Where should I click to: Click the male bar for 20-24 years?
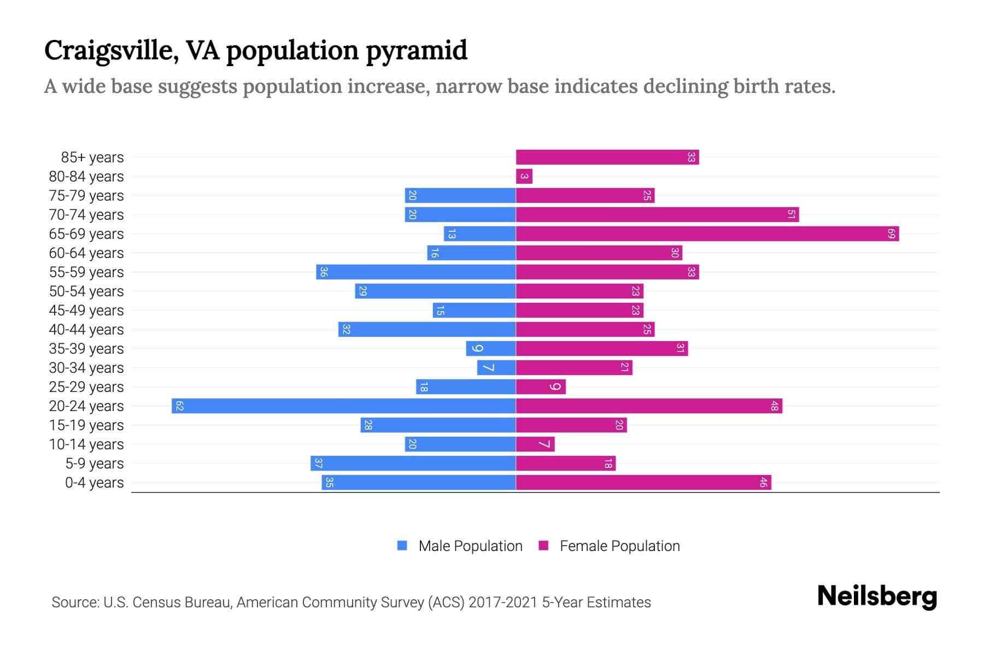(x=344, y=406)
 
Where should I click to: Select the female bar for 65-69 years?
(x=707, y=234)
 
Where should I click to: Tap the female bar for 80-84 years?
(x=524, y=176)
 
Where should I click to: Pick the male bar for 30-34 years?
(x=496, y=367)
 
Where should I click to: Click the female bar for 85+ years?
(x=607, y=157)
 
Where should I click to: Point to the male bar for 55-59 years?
(x=416, y=272)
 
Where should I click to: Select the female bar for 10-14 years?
(x=535, y=444)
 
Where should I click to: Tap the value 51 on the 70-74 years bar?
(x=791, y=214)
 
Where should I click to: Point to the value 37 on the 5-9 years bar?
(x=318, y=464)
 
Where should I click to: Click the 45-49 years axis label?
(x=86, y=311)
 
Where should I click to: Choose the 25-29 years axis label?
(x=86, y=387)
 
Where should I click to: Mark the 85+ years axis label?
(x=92, y=157)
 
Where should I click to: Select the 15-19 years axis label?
(x=86, y=425)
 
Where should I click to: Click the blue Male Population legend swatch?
(x=402, y=546)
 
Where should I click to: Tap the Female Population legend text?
(x=619, y=546)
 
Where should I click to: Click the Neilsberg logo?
(x=877, y=596)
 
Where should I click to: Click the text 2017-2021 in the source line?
(x=503, y=602)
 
